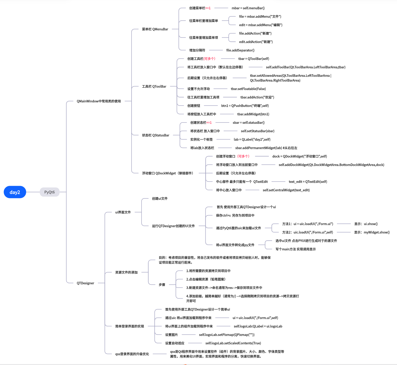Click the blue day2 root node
(15, 192)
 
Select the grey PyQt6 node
(49, 192)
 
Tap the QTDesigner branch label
(85, 283)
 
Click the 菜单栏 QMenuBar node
(155, 29)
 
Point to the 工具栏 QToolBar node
(154, 86)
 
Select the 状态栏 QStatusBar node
(155, 135)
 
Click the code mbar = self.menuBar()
(248, 8)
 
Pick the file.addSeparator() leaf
(240, 50)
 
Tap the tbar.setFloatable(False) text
(248, 89)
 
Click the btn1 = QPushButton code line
(245, 106)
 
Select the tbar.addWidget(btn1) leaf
(253, 114)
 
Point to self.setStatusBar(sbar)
(257, 131)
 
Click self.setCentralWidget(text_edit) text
(286, 190)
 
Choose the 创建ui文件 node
(160, 198)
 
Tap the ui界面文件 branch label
(123, 212)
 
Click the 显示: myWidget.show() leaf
(372, 232)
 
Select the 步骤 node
(162, 285)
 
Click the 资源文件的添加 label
(126, 272)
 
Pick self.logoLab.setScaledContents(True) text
(233, 343)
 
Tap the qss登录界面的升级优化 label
(132, 354)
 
